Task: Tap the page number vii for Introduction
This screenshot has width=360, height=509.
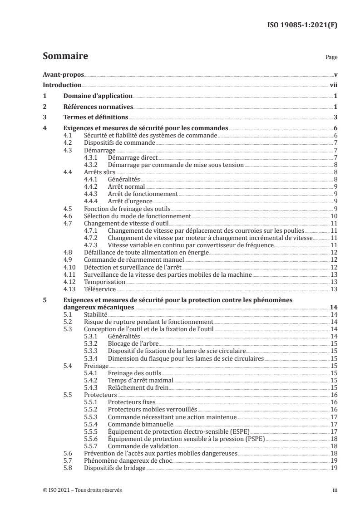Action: [333, 85]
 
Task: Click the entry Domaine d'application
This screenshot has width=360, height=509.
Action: [97, 96]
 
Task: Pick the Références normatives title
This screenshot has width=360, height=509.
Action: [98, 107]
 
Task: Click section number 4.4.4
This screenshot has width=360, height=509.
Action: [91, 201]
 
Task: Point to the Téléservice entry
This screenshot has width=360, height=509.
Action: [100, 289]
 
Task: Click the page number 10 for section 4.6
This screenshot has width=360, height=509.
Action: [333, 216]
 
